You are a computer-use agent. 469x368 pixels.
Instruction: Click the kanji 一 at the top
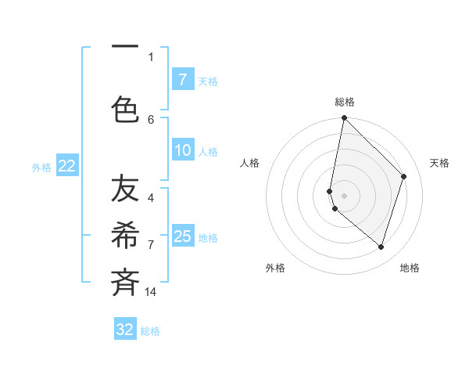click(x=125, y=48)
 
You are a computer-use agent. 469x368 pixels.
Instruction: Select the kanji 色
click(x=125, y=109)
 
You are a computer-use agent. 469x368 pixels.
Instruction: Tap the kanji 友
click(x=125, y=189)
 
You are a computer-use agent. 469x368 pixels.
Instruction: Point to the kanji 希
click(x=125, y=236)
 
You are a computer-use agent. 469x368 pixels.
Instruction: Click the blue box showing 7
click(x=182, y=79)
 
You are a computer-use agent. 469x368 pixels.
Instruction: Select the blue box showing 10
click(x=182, y=151)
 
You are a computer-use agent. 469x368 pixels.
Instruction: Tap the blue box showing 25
click(x=182, y=236)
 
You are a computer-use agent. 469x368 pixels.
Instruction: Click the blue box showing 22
click(x=66, y=165)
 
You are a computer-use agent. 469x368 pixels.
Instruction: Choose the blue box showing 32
click(x=125, y=330)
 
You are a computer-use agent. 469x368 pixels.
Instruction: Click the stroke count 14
click(x=152, y=291)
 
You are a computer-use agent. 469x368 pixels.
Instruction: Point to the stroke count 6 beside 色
click(x=151, y=119)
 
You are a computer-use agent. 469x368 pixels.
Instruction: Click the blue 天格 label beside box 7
click(x=208, y=81)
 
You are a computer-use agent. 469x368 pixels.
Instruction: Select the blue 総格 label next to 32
click(x=150, y=331)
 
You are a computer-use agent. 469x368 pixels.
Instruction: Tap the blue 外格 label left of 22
click(x=41, y=167)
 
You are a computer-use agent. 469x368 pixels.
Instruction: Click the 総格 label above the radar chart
click(x=344, y=102)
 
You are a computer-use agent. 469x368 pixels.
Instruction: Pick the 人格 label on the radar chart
click(x=250, y=163)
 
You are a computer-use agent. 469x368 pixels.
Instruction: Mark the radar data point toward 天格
click(x=404, y=176)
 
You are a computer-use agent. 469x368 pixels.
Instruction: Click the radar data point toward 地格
click(x=381, y=247)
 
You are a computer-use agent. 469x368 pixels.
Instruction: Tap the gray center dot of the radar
click(x=344, y=195)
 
